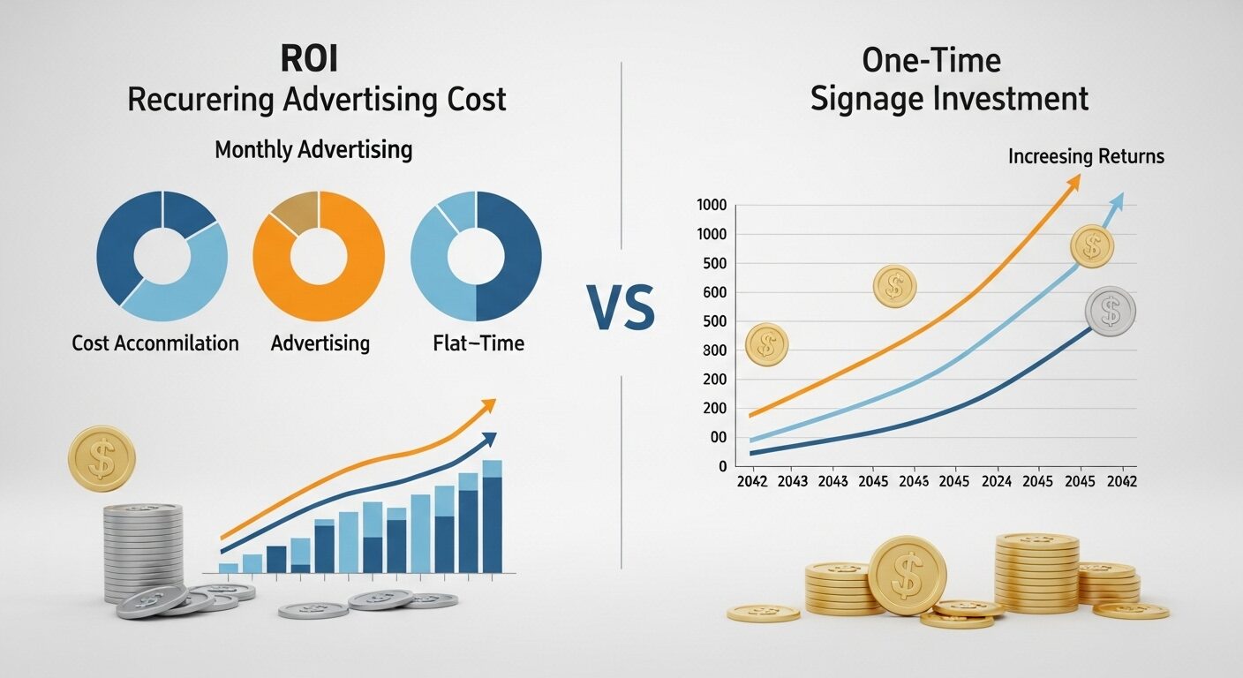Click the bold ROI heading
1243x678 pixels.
click(x=309, y=58)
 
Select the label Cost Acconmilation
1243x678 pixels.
click(x=155, y=343)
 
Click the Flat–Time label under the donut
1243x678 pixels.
click(x=478, y=343)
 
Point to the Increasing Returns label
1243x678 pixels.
click(x=1086, y=156)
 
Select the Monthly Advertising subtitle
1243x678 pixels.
click(x=313, y=150)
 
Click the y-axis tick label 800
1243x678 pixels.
click(x=714, y=350)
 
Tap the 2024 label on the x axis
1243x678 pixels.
click(x=997, y=481)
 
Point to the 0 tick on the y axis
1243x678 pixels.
click(x=722, y=467)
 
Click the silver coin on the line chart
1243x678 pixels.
click(x=1110, y=312)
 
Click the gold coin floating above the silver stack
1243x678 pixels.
click(x=102, y=458)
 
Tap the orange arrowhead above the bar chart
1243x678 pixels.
click(x=488, y=405)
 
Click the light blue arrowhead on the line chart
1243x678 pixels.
click(x=1116, y=201)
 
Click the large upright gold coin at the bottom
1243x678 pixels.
click(x=908, y=576)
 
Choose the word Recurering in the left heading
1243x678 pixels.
click(x=200, y=101)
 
